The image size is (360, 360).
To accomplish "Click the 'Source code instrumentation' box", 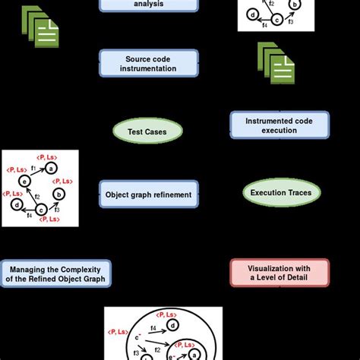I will tap(149, 63).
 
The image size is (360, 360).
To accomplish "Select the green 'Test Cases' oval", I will tap(149, 131).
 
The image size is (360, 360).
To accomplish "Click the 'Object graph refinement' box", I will tap(149, 193).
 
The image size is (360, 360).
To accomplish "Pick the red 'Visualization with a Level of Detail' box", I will tap(280, 272).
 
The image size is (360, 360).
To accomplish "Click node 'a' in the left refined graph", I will tap(50, 168).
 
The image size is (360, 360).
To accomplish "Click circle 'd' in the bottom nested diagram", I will tap(172, 326).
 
